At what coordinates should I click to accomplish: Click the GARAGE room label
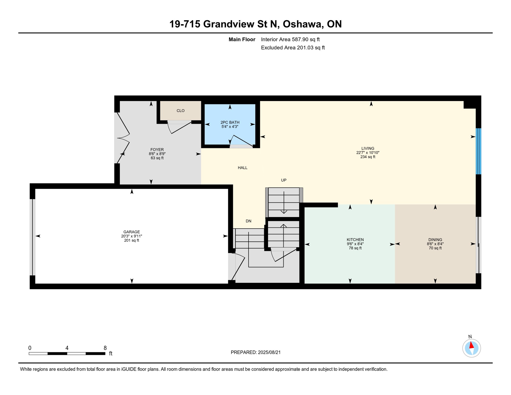click(x=131, y=232)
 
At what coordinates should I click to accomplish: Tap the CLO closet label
click(x=180, y=111)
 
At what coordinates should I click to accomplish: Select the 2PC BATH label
click(x=230, y=122)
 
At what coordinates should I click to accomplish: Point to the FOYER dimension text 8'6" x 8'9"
click(x=157, y=154)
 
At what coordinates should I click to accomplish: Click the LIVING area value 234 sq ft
click(x=368, y=157)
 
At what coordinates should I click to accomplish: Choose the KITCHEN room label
click(x=355, y=240)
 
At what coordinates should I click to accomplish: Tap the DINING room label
click(x=435, y=240)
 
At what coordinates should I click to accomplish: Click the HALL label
click(x=242, y=168)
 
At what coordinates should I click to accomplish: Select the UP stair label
click(x=284, y=180)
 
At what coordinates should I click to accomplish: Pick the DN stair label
click(x=248, y=221)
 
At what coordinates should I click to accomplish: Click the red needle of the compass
click(x=471, y=345)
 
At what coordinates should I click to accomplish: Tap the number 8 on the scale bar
click(x=105, y=348)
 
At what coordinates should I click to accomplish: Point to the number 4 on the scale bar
click(x=67, y=348)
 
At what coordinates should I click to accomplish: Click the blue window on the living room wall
click(x=478, y=151)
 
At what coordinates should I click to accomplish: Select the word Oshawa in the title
click(x=303, y=24)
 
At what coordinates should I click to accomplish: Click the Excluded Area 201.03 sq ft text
click(x=293, y=48)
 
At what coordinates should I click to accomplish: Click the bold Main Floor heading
click(x=242, y=39)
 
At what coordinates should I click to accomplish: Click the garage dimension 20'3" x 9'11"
click(x=131, y=236)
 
